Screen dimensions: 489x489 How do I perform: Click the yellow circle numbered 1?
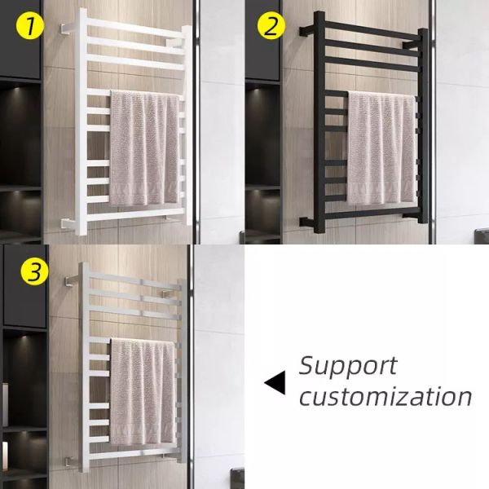click(29, 27)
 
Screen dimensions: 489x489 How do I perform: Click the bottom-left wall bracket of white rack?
click(65, 222)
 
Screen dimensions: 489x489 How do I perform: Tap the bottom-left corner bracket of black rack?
click(304, 221)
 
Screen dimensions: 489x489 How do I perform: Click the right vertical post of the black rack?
click(422, 130)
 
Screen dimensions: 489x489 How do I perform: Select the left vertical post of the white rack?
click(84, 122)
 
